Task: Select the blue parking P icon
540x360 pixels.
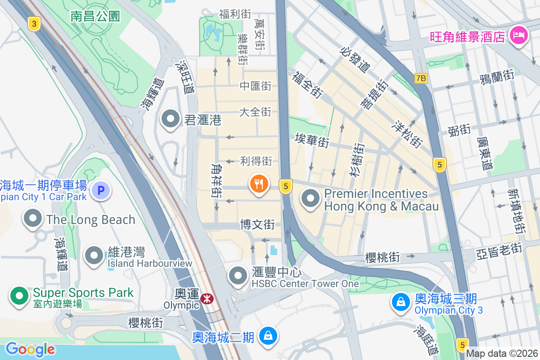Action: pos(101,190)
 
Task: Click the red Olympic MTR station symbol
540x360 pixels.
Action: pos(207,298)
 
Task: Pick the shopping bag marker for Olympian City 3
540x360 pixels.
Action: pos(400,302)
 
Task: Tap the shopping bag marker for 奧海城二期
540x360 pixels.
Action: pos(268,336)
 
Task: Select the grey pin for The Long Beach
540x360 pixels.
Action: pos(32,219)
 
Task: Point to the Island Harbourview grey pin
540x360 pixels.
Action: pos(94,255)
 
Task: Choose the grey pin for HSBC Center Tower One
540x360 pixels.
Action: pos(238,275)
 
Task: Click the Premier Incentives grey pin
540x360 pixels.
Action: pos(310,198)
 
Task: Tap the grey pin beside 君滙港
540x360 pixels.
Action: pos(171,119)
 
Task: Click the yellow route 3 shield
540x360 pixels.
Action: pos(34,24)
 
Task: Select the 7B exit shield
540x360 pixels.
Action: pos(421,78)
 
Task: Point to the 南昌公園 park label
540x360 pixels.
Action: pos(95,17)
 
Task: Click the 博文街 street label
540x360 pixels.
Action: pos(257,224)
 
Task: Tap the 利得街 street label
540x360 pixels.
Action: pos(256,161)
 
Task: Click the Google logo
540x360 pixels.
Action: pos(30,349)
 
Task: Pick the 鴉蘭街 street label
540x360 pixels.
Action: pos(497,75)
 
